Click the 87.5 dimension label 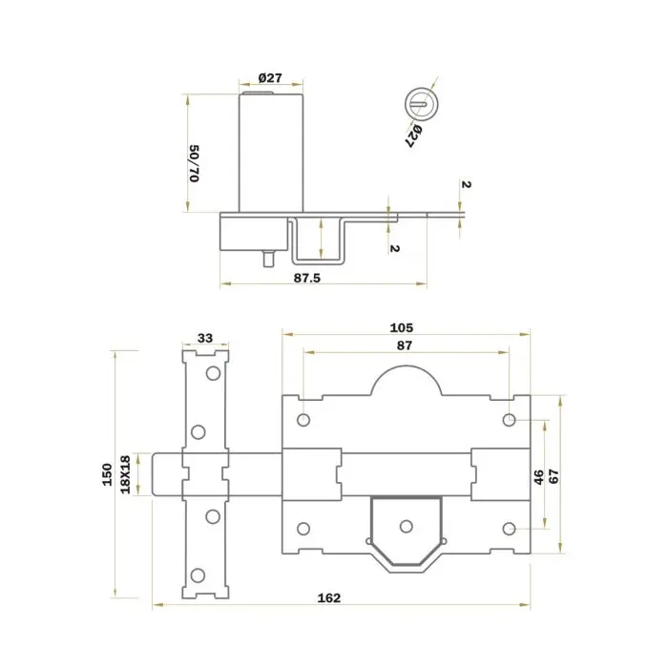(306, 279)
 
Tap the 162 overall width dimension (329, 598)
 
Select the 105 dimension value (402, 327)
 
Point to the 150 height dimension (107, 474)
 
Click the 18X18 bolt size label (125, 474)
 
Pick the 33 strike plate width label (205, 338)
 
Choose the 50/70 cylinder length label (195, 163)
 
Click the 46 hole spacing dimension (539, 477)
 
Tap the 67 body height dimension (553, 476)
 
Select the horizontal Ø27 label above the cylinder (270, 78)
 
